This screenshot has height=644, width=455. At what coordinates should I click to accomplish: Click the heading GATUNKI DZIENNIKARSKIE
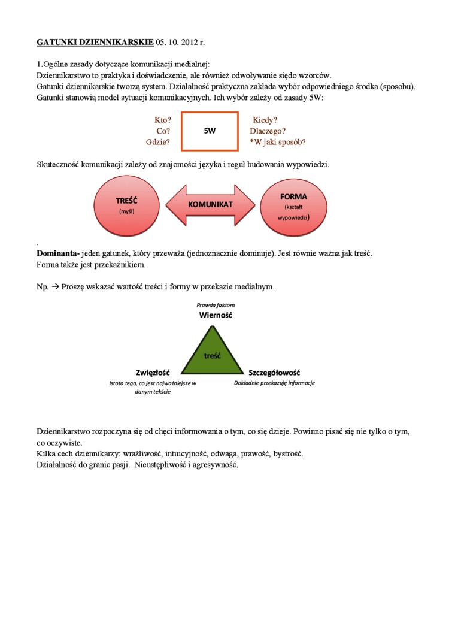(95, 43)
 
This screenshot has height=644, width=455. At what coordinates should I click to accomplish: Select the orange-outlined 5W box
(210, 131)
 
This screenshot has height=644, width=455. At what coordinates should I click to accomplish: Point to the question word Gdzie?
(158, 142)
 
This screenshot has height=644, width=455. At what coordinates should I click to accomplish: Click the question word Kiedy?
(265, 120)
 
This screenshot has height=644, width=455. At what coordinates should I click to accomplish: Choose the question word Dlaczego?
(267, 131)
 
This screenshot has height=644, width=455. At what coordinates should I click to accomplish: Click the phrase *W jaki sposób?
(278, 142)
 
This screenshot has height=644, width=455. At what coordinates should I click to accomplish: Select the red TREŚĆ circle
(127, 205)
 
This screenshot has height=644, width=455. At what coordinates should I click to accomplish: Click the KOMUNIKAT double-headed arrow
(210, 205)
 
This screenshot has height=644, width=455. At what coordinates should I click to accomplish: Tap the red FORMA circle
(293, 205)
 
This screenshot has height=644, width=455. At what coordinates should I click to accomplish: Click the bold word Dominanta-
(58, 253)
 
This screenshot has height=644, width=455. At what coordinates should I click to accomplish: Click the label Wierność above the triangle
(215, 315)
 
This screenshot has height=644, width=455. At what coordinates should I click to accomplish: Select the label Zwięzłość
(153, 372)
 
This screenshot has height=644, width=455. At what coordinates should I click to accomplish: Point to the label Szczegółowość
(274, 372)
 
